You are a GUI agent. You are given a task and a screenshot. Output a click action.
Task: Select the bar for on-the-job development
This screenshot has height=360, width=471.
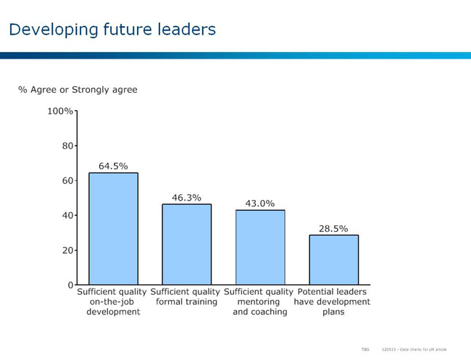click(x=113, y=228)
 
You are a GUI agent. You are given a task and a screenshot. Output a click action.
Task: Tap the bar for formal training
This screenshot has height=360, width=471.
click(x=186, y=244)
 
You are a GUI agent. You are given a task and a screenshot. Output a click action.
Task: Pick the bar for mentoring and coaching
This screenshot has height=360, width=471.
click(x=260, y=247)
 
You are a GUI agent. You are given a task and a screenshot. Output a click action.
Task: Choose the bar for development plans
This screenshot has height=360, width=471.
click(x=333, y=259)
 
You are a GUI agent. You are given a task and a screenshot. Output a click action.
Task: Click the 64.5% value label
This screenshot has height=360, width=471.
click(x=113, y=166)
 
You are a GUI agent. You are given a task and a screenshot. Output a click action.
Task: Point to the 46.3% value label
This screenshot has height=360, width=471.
click(x=186, y=197)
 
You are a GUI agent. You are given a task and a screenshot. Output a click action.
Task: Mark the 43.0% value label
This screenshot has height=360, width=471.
click(x=260, y=204)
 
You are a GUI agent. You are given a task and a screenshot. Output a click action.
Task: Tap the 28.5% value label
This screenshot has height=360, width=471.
click(x=333, y=228)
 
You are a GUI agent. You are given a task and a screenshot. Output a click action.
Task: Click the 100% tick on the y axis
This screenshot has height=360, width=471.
click(x=60, y=111)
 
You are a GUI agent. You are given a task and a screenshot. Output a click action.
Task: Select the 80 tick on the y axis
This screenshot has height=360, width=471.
click(x=66, y=146)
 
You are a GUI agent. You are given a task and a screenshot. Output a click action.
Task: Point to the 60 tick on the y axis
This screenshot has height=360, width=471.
click(x=66, y=180)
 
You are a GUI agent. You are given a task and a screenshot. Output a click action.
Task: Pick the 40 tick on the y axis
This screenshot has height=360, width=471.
click(x=66, y=215)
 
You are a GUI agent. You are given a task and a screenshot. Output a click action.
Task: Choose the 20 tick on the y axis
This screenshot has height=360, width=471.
click(x=66, y=250)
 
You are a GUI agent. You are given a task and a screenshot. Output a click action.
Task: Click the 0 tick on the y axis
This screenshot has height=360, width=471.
click(x=70, y=285)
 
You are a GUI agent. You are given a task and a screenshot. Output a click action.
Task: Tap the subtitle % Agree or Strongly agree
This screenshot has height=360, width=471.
click(x=78, y=90)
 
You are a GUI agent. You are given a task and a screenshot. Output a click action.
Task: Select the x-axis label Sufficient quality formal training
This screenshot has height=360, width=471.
click(x=186, y=296)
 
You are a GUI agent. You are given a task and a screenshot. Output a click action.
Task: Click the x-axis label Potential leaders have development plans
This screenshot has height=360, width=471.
click(x=333, y=301)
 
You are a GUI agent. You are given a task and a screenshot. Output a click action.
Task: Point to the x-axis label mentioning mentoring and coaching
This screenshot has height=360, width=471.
click(x=259, y=301)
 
